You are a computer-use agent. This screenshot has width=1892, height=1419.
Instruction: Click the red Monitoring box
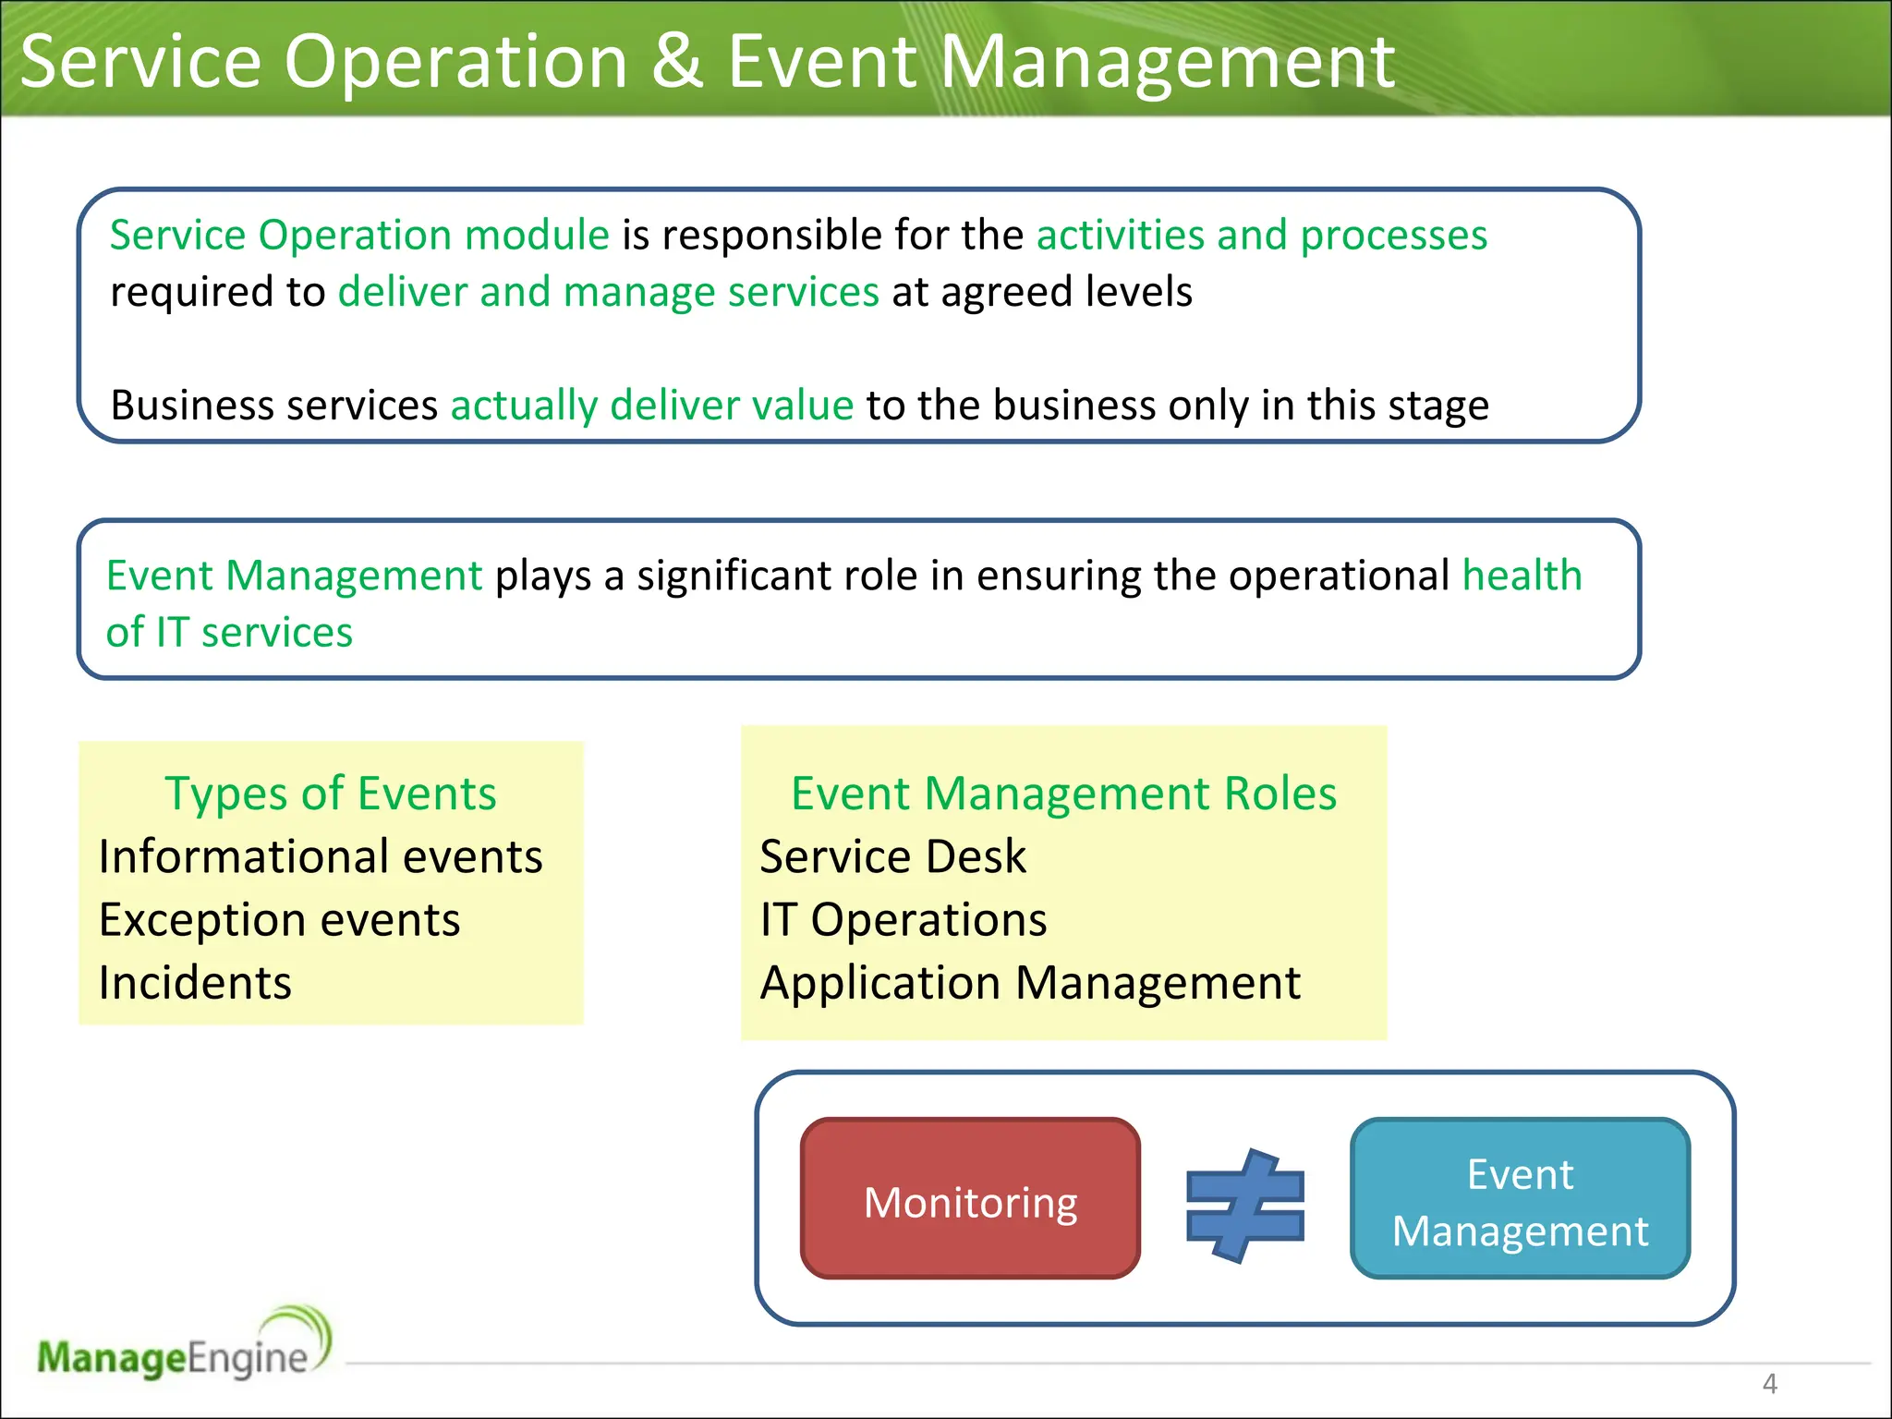tap(970, 1199)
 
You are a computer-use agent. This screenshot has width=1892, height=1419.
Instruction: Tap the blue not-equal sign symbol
tap(1244, 1205)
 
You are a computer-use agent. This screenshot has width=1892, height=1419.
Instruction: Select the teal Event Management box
tap(1520, 1199)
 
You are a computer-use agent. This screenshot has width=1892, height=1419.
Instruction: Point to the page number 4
tap(1769, 1383)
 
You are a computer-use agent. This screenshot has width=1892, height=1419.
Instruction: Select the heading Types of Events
tap(330, 794)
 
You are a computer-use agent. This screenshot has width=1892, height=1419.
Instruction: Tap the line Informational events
tap(321, 856)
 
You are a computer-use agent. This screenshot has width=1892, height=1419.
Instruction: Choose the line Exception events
tap(279, 920)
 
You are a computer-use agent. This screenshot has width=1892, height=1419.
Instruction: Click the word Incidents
tap(195, 983)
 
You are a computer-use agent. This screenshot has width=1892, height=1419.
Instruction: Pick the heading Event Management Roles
tap(1063, 794)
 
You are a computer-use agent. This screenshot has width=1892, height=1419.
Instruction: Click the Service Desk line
tap(892, 856)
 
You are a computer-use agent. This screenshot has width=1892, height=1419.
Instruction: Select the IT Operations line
tap(903, 920)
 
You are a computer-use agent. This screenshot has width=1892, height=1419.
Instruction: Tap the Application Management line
tap(1029, 983)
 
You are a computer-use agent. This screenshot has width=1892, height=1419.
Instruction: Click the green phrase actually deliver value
tap(651, 406)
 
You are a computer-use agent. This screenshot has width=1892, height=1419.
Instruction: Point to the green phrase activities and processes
tap(1261, 235)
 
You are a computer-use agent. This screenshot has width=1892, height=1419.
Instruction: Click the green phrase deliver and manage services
tap(608, 292)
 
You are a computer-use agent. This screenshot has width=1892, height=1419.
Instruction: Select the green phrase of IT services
tap(229, 633)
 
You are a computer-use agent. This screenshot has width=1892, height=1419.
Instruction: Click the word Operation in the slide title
tap(456, 61)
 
